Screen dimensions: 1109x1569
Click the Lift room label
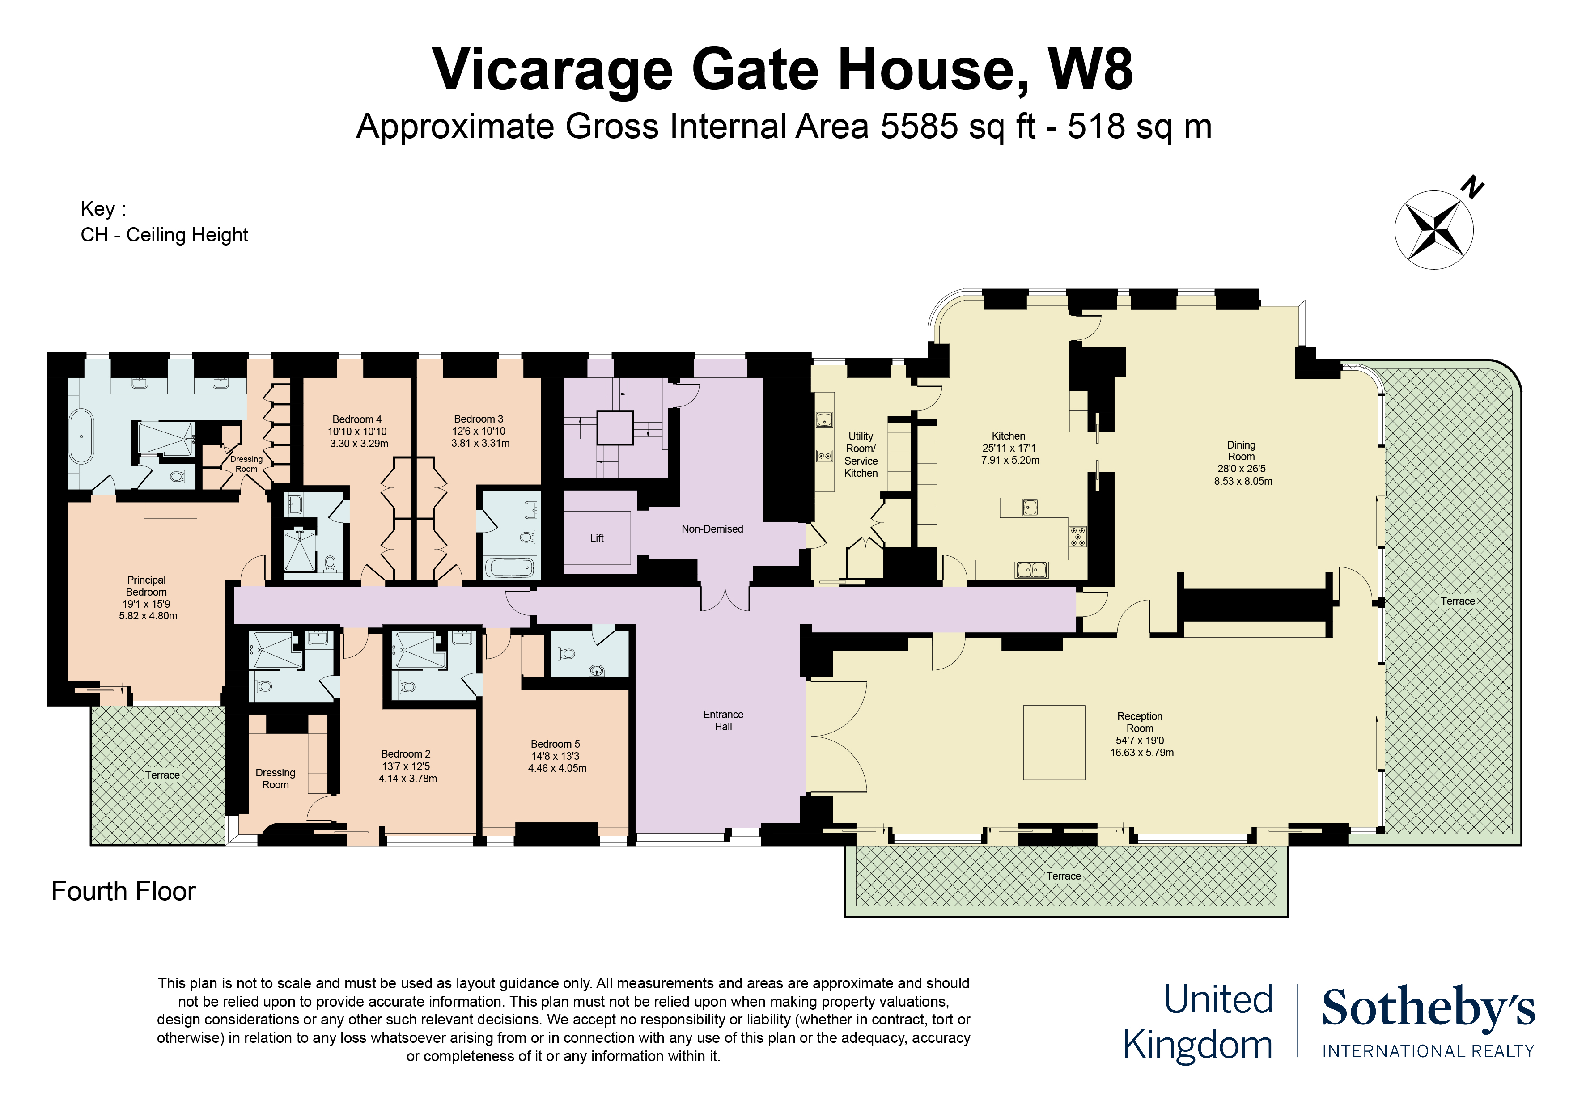(597, 538)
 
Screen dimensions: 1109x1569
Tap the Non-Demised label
(712, 529)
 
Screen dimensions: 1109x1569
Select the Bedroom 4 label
(357, 419)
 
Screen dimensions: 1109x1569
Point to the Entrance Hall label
(723, 720)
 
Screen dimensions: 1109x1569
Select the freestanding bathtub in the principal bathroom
(81, 436)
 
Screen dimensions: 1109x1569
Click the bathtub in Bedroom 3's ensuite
(509, 567)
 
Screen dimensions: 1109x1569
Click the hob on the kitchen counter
(1077, 537)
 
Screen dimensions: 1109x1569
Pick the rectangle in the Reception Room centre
(1054, 743)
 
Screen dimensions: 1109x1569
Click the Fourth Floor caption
(124, 892)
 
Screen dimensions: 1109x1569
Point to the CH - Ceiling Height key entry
(164, 235)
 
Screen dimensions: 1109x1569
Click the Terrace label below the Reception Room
(1063, 876)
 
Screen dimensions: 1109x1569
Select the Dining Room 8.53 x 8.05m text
(1243, 481)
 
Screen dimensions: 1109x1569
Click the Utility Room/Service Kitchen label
(861, 454)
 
